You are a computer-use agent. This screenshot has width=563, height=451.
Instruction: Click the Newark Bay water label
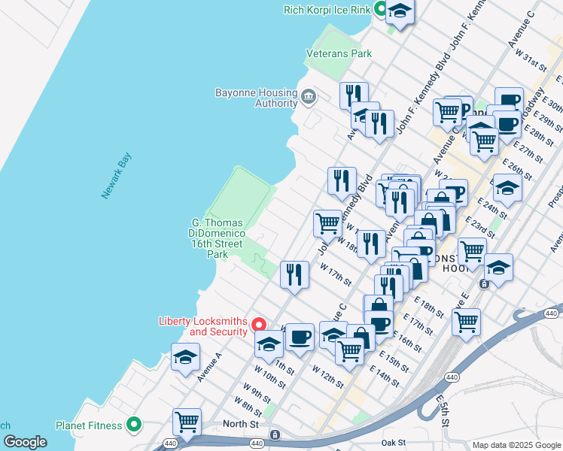coord(117,176)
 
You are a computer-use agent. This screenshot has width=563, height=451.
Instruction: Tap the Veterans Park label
coord(339,54)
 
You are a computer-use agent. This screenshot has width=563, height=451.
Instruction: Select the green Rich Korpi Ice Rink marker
coord(381,10)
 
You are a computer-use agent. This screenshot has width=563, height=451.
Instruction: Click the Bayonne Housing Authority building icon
coord(309,97)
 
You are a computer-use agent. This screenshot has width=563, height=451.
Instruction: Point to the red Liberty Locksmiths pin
coord(258,325)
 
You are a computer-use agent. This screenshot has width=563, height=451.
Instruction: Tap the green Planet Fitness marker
coord(135,425)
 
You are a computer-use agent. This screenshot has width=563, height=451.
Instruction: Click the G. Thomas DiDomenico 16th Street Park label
coord(218,238)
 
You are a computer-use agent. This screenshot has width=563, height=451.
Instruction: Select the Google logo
coord(24,442)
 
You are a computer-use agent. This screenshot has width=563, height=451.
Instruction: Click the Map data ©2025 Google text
coord(516,445)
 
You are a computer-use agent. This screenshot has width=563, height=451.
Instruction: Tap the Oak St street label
coord(394,443)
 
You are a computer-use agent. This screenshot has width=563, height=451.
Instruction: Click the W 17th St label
coord(336,274)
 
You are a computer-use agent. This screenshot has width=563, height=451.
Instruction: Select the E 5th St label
coord(445,415)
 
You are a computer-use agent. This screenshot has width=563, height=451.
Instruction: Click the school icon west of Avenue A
coord(185,359)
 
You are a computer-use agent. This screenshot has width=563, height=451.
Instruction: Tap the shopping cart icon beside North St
coord(187,421)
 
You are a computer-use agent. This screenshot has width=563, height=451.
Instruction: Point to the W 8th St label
coord(248,407)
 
